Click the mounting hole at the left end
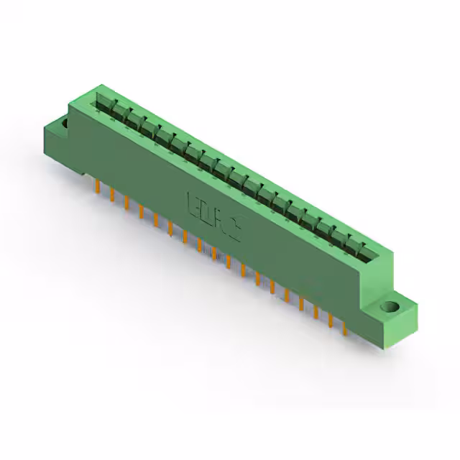[63, 124]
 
